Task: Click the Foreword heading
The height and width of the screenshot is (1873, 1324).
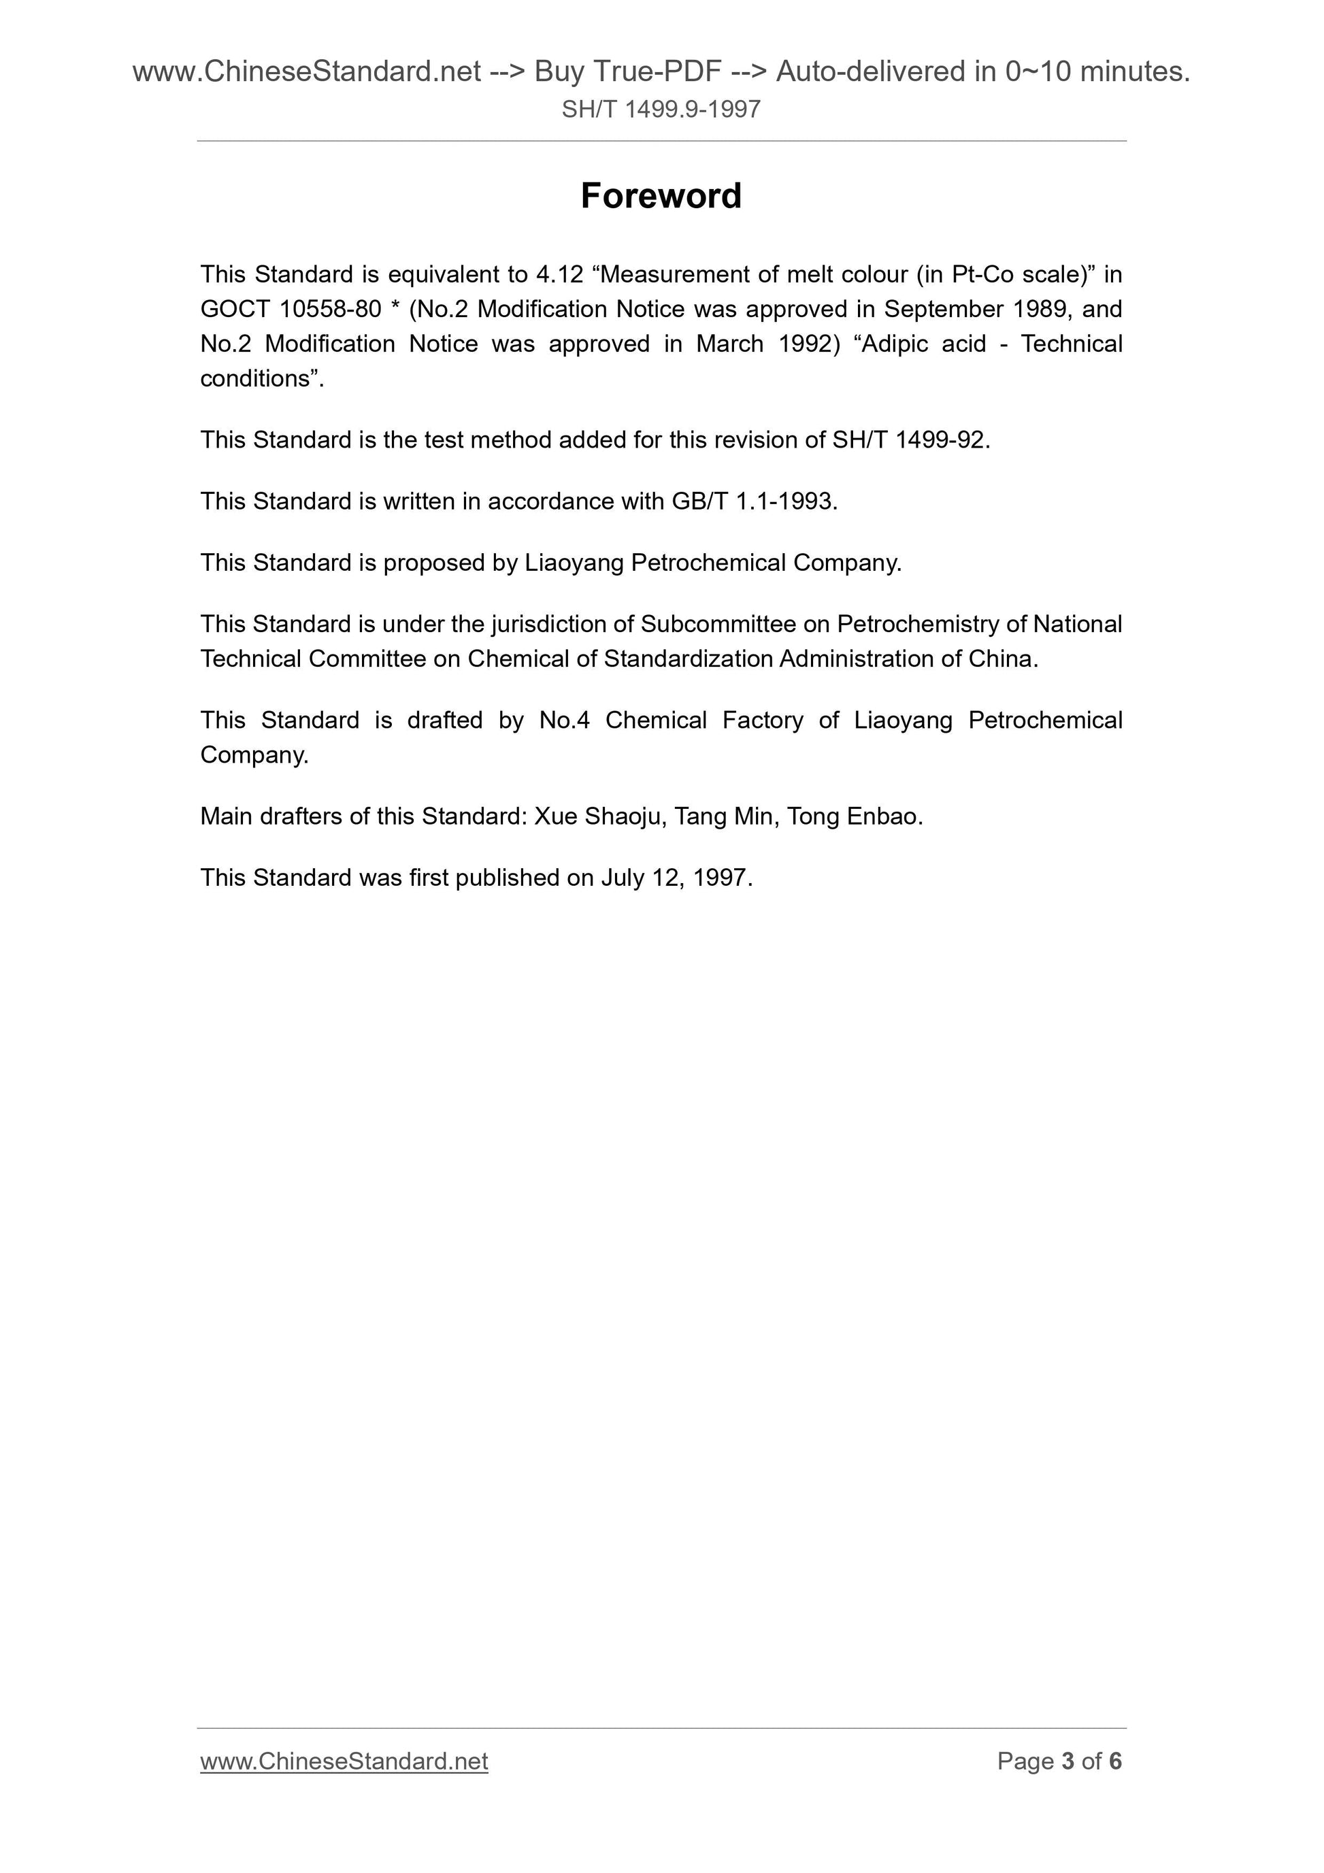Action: point(661,196)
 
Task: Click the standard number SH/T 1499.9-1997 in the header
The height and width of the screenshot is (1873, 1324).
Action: point(661,110)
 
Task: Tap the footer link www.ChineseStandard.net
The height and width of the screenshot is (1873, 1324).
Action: point(344,1761)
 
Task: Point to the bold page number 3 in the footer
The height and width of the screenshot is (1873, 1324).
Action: point(1067,1761)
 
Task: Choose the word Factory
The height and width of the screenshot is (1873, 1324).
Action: point(763,720)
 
